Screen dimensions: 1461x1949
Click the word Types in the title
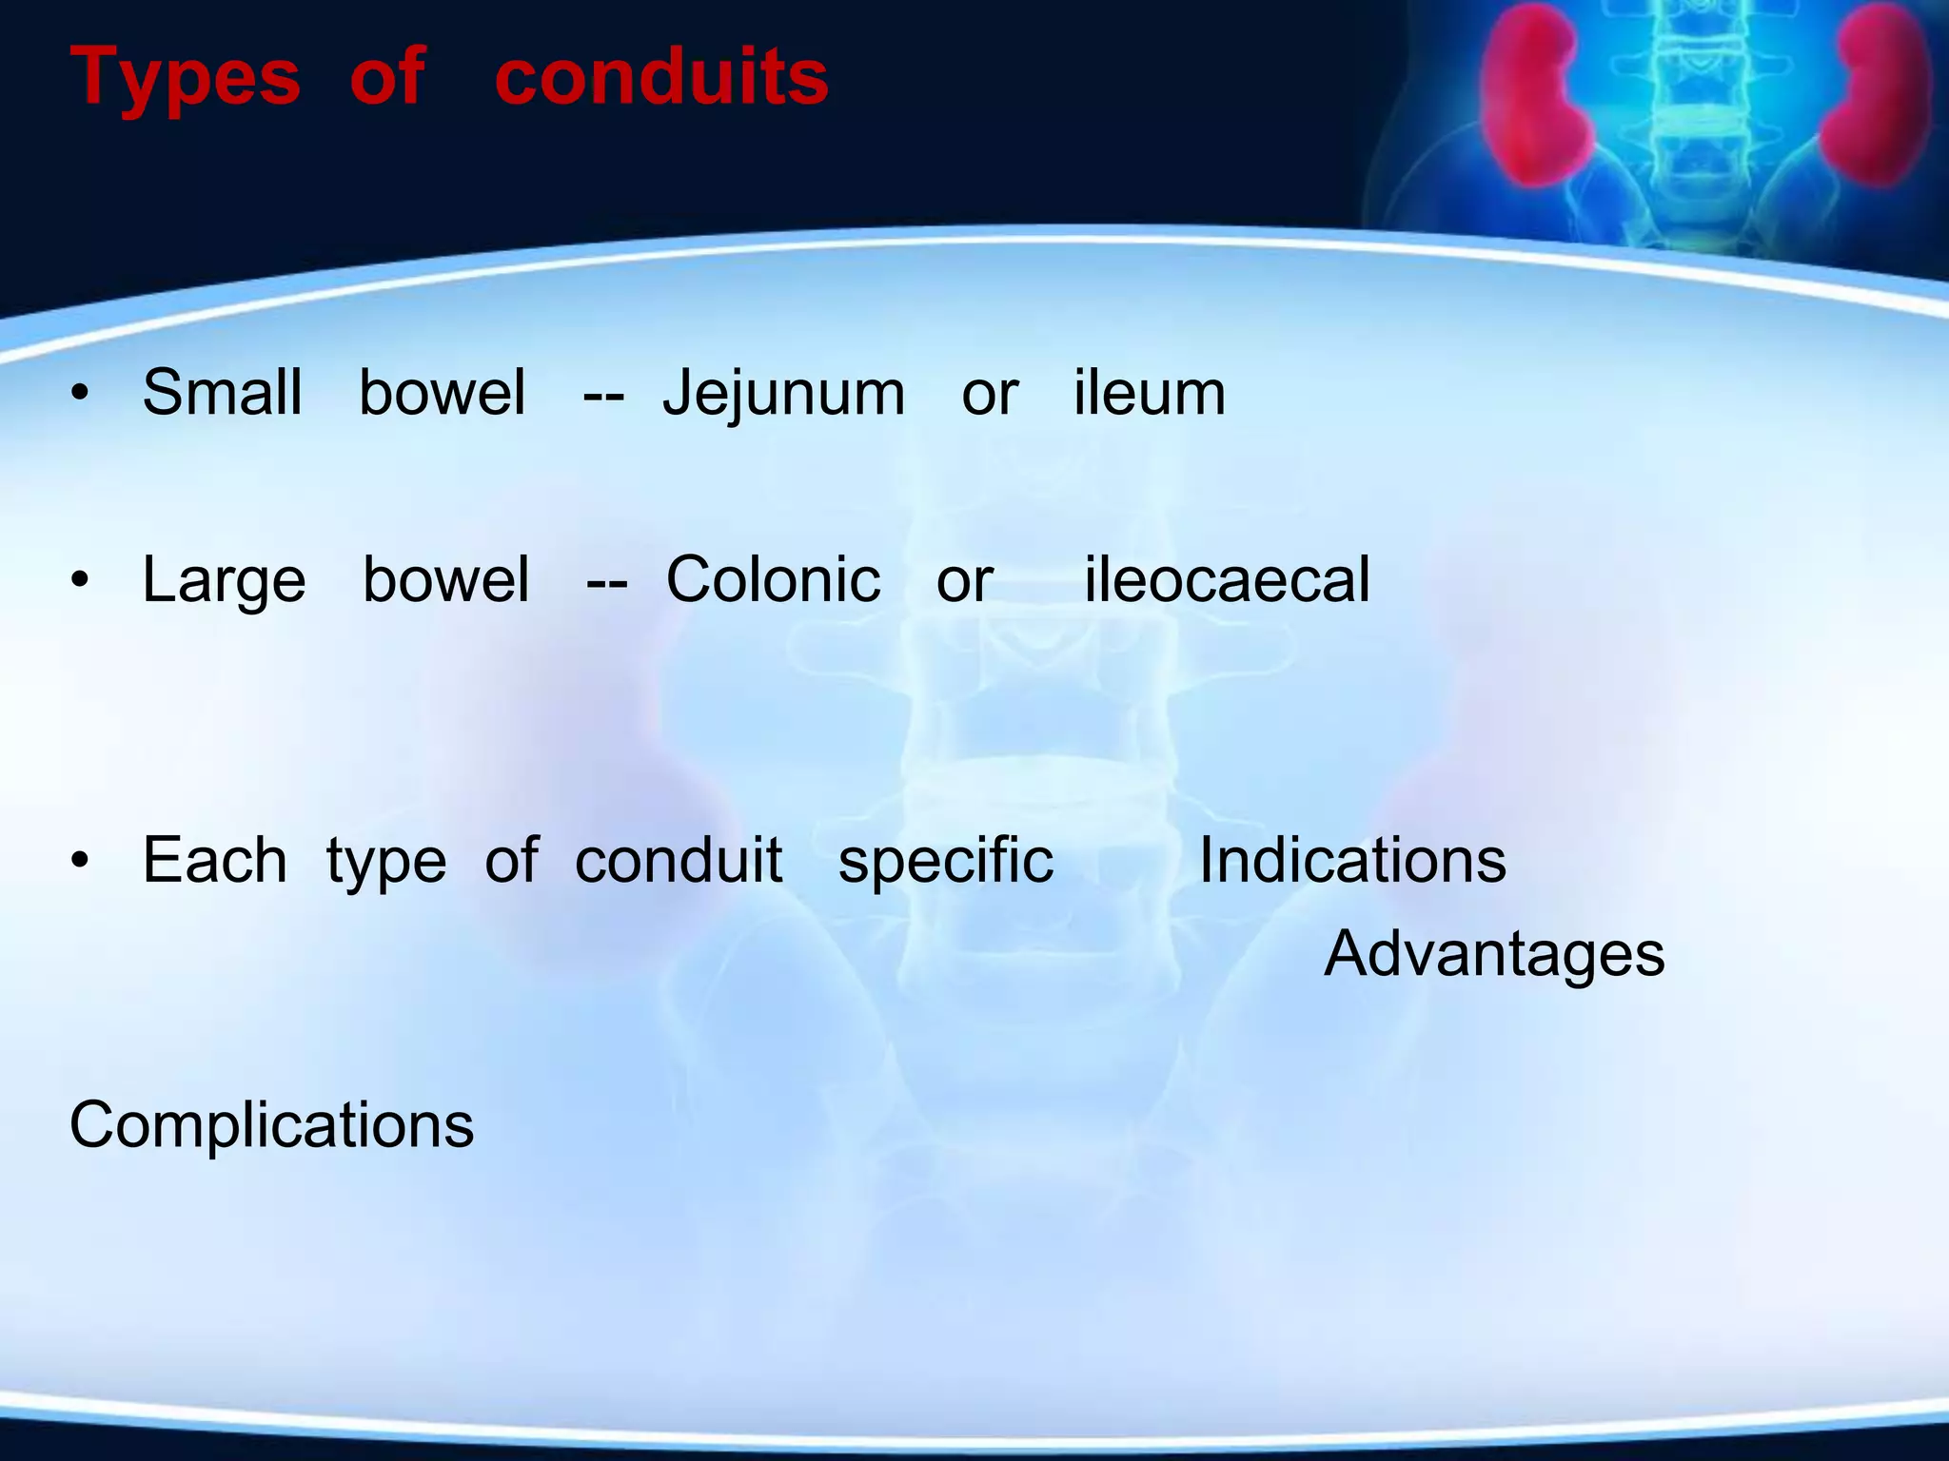186,78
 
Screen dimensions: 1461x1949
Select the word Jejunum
783,393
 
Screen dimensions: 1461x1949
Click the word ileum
1150,393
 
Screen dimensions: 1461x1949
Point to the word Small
223,393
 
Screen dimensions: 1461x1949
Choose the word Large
224,580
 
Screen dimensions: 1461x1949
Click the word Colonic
773,579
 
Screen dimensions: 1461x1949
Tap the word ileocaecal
1228,579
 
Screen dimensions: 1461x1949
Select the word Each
214,861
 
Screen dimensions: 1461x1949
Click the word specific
946,861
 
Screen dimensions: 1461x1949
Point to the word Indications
1352,861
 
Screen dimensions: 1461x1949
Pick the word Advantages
1494,954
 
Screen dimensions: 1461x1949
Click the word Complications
271,1125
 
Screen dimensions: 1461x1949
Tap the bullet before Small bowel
81,393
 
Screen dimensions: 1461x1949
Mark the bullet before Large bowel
81,579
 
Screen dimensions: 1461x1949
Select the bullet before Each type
81,861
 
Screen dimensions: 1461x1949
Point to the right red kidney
1880,95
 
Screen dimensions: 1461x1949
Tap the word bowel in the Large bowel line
445,579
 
